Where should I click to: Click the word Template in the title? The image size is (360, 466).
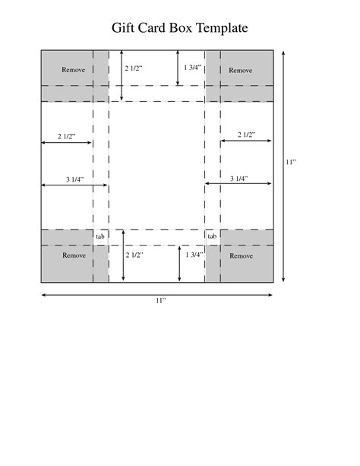222,28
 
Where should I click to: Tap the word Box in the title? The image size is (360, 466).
181,28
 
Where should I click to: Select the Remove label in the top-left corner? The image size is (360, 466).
73,69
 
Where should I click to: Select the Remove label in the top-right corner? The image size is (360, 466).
240,71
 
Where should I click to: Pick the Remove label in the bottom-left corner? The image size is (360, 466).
74,255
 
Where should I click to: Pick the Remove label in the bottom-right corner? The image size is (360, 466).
242,256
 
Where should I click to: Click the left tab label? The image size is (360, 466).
100,236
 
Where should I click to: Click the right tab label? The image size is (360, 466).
212,236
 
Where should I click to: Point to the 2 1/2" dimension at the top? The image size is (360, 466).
134,68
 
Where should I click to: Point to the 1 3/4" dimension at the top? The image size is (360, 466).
192,68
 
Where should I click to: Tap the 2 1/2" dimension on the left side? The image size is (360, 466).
67,136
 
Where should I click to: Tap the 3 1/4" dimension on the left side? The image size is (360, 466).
75,179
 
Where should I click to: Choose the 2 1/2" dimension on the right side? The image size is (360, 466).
246,135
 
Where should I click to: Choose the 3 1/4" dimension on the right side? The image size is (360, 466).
238,179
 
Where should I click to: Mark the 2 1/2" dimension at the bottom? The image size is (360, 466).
134,255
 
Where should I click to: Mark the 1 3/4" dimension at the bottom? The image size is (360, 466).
194,255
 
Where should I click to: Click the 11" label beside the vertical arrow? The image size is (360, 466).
291,162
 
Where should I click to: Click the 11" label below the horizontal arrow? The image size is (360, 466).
161,300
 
